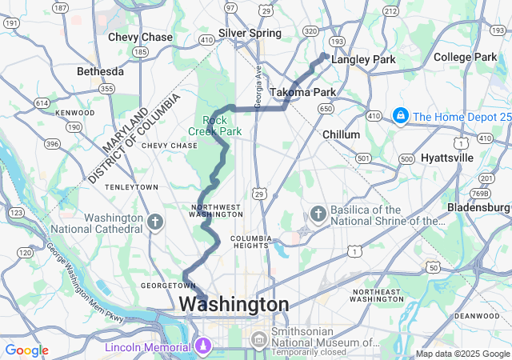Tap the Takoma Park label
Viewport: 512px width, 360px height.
[302, 93]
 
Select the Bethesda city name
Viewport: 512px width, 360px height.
[100, 71]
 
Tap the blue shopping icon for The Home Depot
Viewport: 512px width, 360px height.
[398, 117]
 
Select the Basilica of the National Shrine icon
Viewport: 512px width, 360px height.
[318, 214]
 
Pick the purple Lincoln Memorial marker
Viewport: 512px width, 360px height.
[202, 346]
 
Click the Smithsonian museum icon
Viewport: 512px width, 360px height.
[258, 341]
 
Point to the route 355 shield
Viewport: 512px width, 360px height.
[106, 90]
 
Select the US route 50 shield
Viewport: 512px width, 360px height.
[433, 267]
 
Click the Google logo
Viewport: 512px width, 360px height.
[26, 350]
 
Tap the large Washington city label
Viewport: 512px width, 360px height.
[234, 305]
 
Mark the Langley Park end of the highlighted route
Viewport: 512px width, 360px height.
[323, 55]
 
